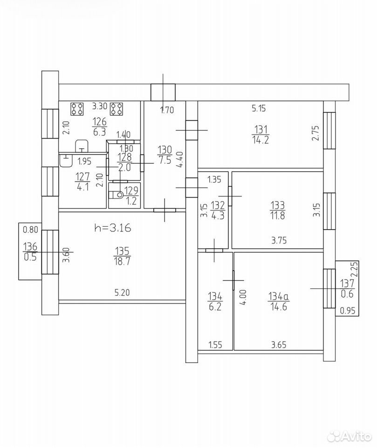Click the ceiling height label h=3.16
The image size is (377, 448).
(112, 228)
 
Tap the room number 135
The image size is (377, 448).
(122, 251)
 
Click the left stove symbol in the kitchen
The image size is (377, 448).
(77, 109)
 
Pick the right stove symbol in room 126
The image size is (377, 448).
(117, 109)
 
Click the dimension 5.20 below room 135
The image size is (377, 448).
(122, 292)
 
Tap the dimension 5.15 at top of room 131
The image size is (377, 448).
(259, 108)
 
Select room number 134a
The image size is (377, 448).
(279, 296)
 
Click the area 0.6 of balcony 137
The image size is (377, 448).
(347, 294)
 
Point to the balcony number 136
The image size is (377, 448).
(30, 246)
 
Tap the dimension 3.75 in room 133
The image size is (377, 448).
(279, 241)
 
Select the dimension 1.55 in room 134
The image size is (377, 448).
(216, 345)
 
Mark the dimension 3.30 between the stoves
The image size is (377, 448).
(99, 106)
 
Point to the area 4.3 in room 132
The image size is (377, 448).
(218, 215)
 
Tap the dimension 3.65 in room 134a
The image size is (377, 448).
(279, 345)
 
